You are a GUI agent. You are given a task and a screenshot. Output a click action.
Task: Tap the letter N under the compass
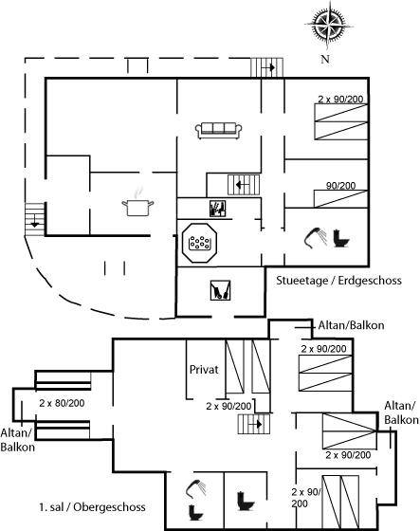coord(325,59)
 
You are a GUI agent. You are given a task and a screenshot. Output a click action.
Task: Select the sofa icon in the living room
coord(218,131)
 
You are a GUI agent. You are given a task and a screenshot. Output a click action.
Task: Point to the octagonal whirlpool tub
coord(199,243)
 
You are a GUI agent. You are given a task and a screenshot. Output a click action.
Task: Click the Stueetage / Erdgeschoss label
coord(338,281)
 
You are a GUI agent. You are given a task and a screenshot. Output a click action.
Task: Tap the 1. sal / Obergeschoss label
coord(92,507)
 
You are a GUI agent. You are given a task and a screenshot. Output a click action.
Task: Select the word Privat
coord(204,369)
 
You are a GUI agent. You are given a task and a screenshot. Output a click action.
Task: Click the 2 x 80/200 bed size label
coord(62,403)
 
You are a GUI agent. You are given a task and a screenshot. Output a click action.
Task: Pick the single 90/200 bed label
coord(340,186)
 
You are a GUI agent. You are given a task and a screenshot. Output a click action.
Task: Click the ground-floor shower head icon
coord(315,236)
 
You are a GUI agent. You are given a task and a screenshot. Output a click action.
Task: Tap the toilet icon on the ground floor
coord(340,238)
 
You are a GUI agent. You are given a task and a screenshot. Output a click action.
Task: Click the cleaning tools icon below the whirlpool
coord(220,290)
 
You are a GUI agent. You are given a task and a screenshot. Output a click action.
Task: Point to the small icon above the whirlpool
coord(217,209)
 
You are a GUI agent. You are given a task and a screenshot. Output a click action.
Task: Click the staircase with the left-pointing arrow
coord(244,185)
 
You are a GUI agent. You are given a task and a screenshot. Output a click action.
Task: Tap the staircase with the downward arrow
coord(35,219)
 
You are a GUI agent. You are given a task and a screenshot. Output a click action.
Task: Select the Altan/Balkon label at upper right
coord(351,325)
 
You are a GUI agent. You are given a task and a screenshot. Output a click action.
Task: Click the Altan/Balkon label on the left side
coord(18,440)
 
